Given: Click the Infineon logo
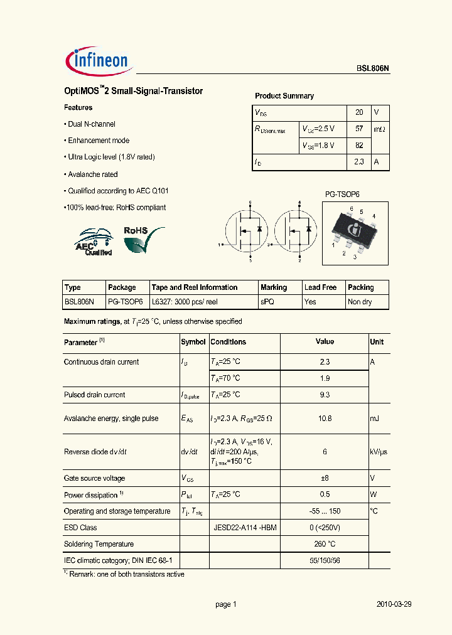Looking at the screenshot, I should pos(97,60).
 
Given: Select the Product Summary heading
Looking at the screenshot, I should pos(284,96).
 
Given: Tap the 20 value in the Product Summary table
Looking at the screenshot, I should pos(359,112).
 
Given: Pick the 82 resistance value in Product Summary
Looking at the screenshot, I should pos(359,145).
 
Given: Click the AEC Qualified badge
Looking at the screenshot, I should pos(95,242).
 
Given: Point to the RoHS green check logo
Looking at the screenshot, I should pos(144,239).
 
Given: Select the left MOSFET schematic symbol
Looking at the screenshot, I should pos(244,230).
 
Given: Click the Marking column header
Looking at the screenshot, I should pos(274,287).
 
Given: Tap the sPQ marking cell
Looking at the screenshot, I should pos(267,302).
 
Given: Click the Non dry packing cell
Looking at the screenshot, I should pos(360,302).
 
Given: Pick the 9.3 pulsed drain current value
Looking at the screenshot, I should pos(324,395).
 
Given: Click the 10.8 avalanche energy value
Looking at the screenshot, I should pos(324,419).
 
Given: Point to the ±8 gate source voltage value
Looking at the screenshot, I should pos(324,478).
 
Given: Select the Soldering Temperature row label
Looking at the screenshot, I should pos(99,544).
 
